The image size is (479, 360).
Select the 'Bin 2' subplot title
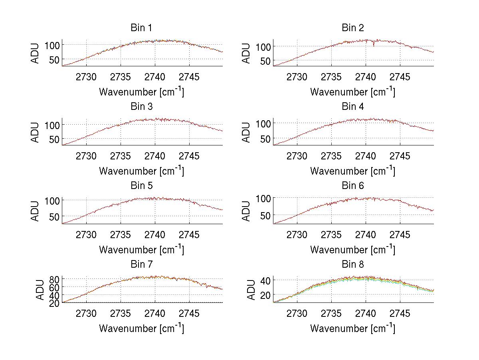352,28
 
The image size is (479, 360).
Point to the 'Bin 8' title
352,265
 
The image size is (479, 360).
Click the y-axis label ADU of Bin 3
36,132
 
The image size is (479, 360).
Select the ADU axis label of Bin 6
247,211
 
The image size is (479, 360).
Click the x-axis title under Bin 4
352,171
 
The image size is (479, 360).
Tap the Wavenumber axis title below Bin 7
141,328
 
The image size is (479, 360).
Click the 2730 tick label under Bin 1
86,77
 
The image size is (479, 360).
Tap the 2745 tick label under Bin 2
400,77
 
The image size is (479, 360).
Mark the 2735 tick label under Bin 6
331,235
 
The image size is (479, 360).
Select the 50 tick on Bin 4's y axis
265,139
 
